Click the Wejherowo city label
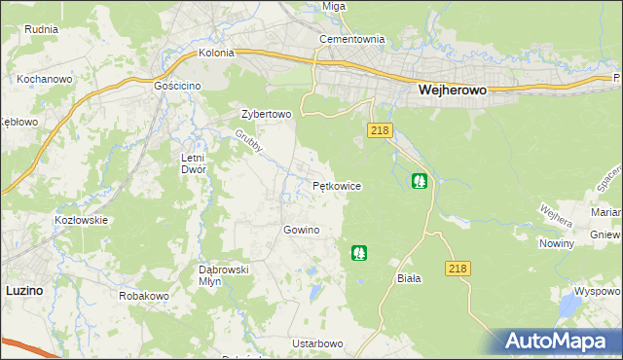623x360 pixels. (x=452, y=89)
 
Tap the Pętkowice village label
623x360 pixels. (x=337, y=185)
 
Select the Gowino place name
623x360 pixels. (x=301, y=230)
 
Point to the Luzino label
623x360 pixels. (x=24, y=289)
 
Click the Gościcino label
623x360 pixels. (x=177, y=86)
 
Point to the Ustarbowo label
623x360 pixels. (x=317, y=344)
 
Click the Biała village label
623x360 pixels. (x=409, y=278)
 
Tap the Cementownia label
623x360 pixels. (x=353, y=40)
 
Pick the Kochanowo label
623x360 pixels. (x=41, y=77)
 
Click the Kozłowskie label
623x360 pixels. (x=81, y=220)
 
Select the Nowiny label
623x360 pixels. (x=556, y=244)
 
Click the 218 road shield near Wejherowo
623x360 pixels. (x=381, y=130)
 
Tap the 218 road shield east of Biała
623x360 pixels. (x=458, y=268)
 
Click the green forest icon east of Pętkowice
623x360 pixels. (x=419, y=180)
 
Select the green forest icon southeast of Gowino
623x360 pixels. (x=359, y=253)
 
